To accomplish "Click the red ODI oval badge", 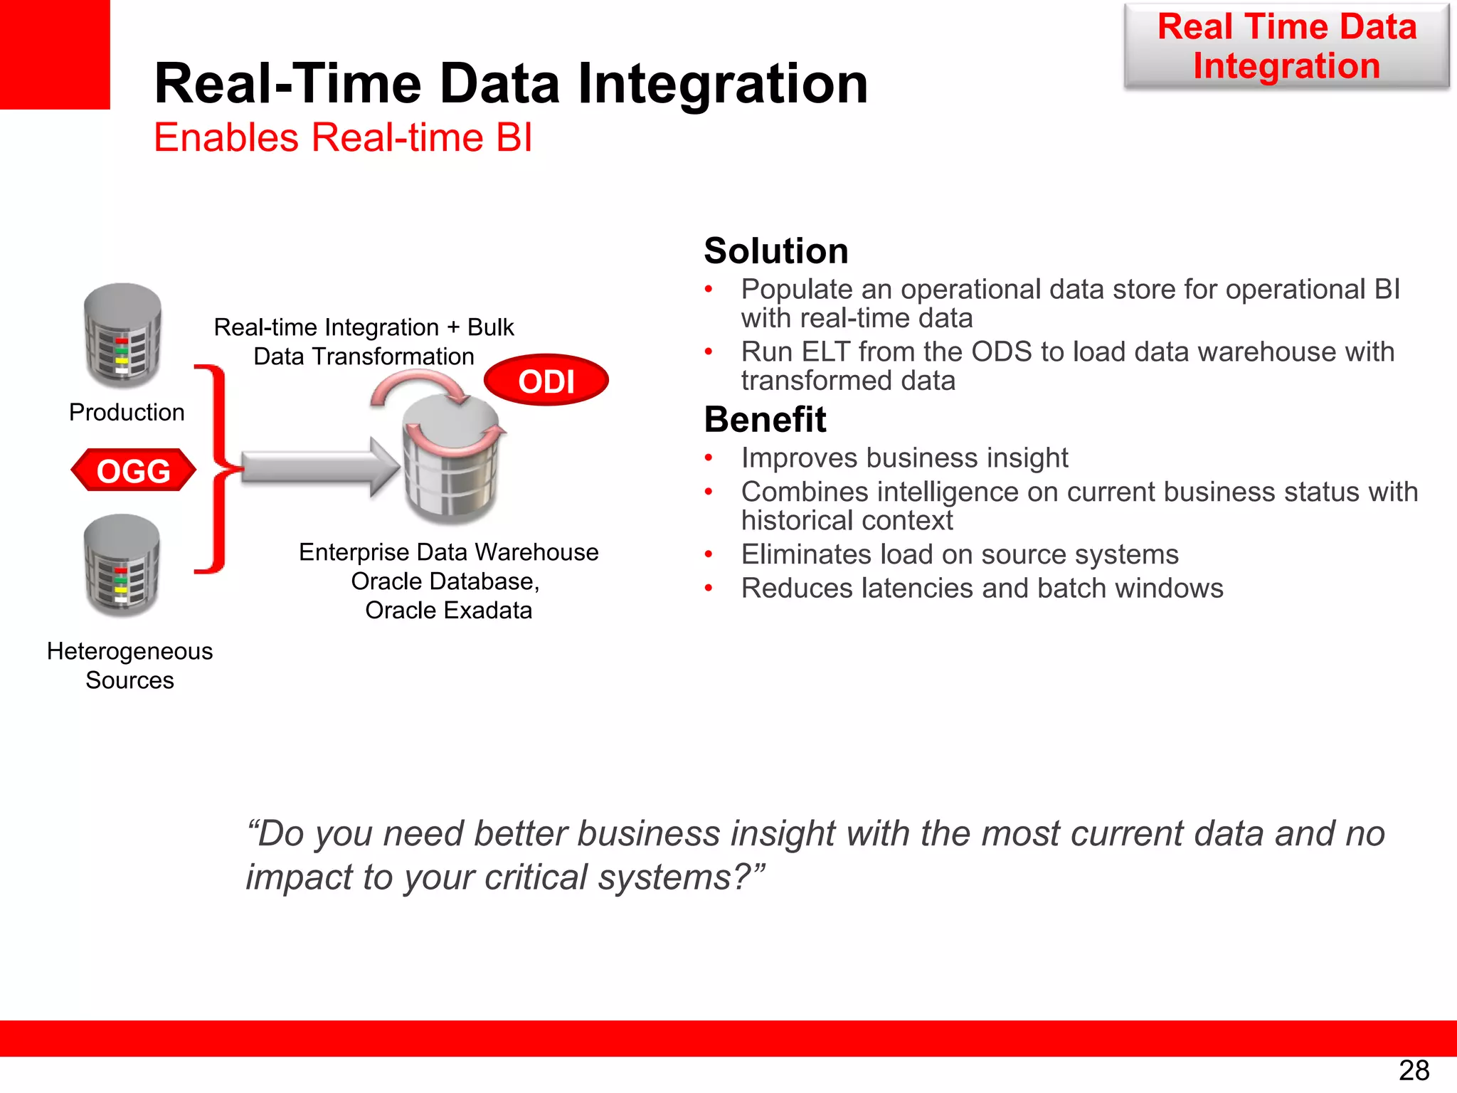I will [546, 381].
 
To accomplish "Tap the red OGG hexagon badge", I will [133, 470].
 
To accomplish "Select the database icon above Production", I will [122, 334].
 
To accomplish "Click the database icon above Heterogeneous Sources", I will [122, 565].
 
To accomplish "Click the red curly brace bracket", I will [216, 469].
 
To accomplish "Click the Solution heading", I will [775, 250].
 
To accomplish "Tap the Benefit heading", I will [765, 419].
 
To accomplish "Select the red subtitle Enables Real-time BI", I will [343, 137].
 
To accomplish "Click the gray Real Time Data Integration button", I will [1286, 46].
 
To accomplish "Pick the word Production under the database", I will [127, 412].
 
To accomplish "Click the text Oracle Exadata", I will [448, 611].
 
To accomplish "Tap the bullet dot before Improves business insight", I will [709, 458].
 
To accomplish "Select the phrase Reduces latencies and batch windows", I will [982, 588].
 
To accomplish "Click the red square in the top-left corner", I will [55, 54].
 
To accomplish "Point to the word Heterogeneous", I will [129, 651].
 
